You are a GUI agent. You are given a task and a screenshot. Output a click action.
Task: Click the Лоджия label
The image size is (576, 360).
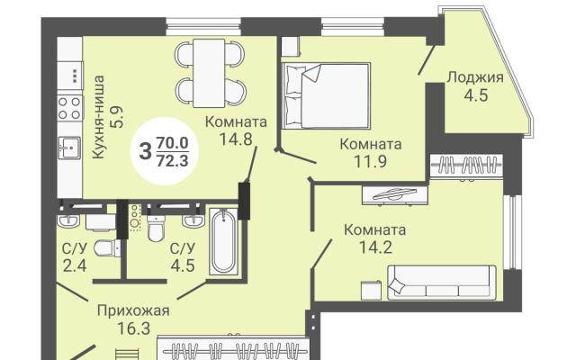point(475,77)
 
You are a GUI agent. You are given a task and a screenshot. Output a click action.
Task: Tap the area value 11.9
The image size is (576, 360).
point(370,161)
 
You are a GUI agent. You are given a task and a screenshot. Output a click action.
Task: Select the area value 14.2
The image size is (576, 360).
point(375,247)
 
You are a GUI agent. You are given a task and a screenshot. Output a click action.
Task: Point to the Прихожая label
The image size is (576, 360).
point(133,311)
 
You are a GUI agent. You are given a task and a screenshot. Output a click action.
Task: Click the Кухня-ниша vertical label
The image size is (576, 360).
point(98,117)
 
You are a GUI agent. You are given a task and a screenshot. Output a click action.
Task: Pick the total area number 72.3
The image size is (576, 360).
point(172,160)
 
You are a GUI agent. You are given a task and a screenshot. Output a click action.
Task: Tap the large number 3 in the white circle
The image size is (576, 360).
point(146,150)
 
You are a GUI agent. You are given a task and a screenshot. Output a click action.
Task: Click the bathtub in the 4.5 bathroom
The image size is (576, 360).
point(223,241)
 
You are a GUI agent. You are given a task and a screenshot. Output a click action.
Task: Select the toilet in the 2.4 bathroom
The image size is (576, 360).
point(107,248)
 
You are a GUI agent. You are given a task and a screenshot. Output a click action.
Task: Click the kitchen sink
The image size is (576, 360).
point(70,147)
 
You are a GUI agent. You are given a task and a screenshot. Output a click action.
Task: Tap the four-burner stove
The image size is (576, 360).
point(70,108)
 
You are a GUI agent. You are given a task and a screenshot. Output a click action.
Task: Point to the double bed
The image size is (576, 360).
point(326,96)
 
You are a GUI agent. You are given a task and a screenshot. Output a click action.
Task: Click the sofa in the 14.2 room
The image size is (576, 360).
point(442,282)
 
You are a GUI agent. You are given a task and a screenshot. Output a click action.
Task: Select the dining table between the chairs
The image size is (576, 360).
point(209,73)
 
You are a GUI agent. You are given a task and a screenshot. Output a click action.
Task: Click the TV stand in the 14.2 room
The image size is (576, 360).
point(394,195)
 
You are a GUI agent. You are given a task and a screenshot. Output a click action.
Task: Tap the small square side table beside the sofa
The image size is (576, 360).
point(372,290)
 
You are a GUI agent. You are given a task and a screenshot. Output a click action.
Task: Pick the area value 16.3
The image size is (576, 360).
point(134,328)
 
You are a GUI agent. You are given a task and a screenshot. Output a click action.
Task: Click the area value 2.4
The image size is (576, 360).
point(75,265)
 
